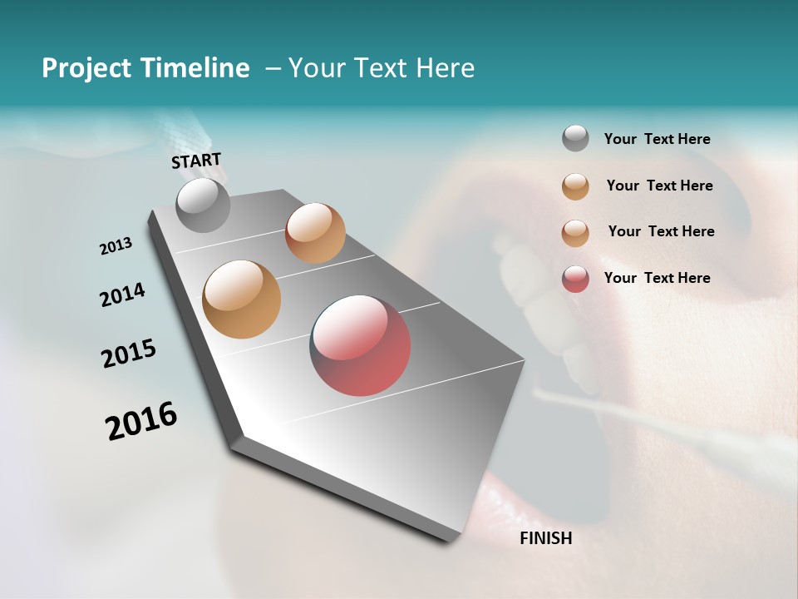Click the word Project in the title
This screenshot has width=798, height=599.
(x=84, y=68)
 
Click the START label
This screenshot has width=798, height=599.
(x=196, y=161)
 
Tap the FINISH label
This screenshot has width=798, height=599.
(x=546, y=538)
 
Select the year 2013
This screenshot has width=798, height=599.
(x=116, y=246)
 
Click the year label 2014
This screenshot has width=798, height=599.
(x=122, y=295)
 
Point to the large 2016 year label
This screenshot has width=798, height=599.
(x=141, y=421)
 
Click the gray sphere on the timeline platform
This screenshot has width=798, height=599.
(x=203, y=205)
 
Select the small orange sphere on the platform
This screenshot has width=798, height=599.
(x=315, y=233)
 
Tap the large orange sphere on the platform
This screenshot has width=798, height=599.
(x=241, y=299)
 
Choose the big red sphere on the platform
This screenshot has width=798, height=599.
(x=360, y=345)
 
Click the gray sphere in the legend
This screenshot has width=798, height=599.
(x=575, y=139)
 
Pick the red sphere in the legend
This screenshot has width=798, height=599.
(x=575, y=278)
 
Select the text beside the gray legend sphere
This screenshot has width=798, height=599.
(x=657, y=139)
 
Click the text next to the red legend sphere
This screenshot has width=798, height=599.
(x=657, y=278)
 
